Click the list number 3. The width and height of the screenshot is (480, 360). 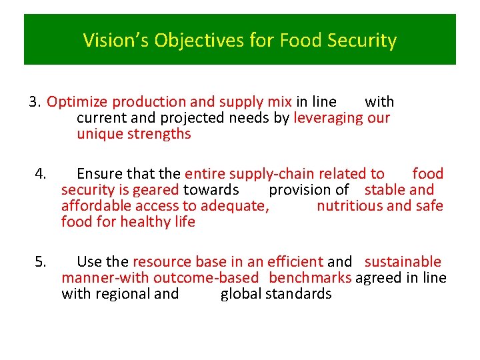click(x=35, y=102)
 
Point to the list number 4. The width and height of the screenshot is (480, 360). click(x=41, y=174)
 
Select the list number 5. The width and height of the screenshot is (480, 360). click(x=41, y=262)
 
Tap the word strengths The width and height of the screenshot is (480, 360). click(x=158, y=134)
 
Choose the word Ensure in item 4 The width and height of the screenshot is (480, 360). click(x=99, y=174)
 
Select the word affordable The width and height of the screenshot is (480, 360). click(x=94, y=206)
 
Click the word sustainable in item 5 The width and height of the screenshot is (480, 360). click(x=403, y=262)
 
